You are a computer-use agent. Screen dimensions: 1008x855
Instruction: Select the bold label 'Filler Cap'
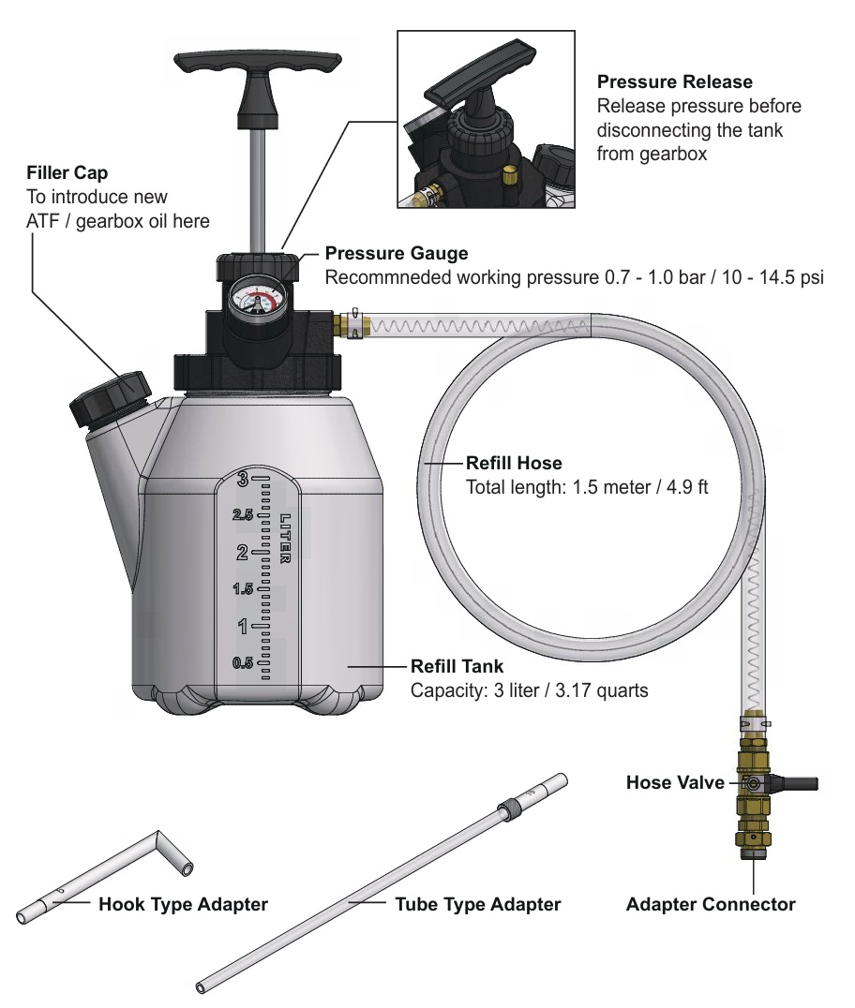click(67, 173)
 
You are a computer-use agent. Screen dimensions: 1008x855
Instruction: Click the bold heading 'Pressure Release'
click(674, 82)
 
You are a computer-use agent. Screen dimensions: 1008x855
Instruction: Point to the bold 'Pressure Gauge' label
click(396, 253)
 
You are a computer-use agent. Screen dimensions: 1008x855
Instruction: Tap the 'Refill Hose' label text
click(514, 463)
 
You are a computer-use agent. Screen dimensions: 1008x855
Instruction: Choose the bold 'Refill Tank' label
click(457, 667)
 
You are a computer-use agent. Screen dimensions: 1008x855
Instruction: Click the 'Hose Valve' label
click(675, 782)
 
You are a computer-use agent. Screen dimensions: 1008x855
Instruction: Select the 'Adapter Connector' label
click(711, 905)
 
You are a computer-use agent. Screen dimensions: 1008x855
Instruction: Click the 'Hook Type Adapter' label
click(183, 905)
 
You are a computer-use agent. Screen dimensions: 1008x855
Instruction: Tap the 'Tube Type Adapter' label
click(477, 905)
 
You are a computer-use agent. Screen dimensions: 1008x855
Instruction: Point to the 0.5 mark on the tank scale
click(243, 663)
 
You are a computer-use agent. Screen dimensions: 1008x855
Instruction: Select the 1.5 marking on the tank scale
click(243, 589)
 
